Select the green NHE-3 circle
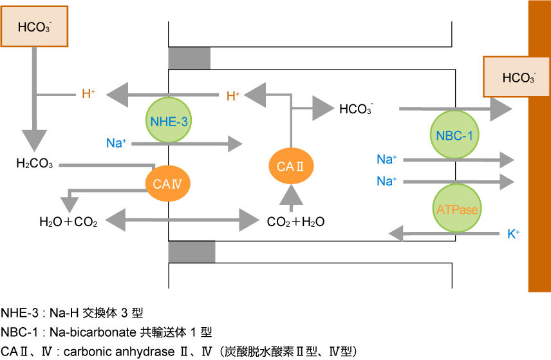pyautogui.click(x=170, y=120)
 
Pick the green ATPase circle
pyautogui.click(x=456, y=209)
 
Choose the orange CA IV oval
pyautogui.click(x=168, y=184)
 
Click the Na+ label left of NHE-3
pyautogui.click(x=116, y=143)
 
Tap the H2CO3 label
pyautogui.click(x=35, y=165)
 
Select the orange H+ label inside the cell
pyautogui.click(x=233, y=97)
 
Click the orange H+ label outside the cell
pyautogui.click(x=88, y=95)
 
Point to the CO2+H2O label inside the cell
pyautogui.click(x=295, y=223)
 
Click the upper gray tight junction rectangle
pyautogui.click(x=189, y=59)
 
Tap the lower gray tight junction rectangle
pyautogui.click(x=191, y=252)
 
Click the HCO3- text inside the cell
pyautogui.click(x=357, y=109)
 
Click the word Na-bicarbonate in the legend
pyautogui.click(x=89, y=332)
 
